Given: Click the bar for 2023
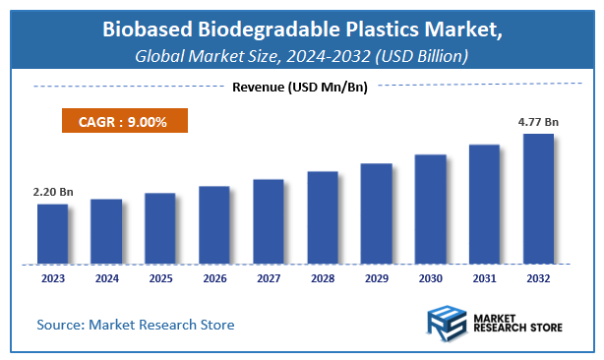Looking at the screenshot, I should (52, 234).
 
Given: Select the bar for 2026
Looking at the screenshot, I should (213, 225).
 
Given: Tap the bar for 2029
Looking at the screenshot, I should (376, 213).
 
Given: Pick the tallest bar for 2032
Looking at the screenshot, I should (537, 199).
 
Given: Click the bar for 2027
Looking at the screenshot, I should (268, 221).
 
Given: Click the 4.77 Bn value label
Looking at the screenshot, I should (537, 123).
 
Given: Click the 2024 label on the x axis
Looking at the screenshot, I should (106, 279).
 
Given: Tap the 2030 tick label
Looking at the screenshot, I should (430, 279).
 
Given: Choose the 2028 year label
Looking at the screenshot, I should (322, 279).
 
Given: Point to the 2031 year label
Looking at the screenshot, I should (484, 279).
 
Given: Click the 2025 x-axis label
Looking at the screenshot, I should (160, 279).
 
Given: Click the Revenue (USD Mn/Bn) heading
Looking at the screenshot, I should (300, 88).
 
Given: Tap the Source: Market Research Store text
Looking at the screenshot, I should (136, 324).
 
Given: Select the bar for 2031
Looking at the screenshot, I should (484, 205).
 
